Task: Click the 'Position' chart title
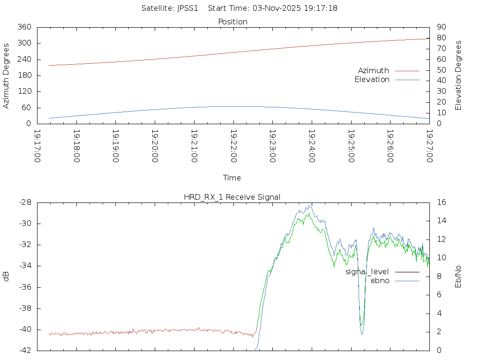(232, 22)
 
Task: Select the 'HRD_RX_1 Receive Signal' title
(232, 197)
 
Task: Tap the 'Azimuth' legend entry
(374, 71)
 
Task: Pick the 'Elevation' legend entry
(372, 80)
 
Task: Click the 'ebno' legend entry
(380, 281)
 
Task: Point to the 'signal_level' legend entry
(367, 272)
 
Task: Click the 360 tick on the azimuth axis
(24, 27)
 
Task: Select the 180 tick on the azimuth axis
(24, 75)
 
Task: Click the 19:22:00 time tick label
(233, 146)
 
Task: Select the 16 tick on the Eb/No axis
(442, 202)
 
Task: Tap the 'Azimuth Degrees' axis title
(6, 75)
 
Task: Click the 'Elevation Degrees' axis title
(458, 75)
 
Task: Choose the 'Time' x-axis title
(232, 178)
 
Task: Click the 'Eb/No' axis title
(458, 277)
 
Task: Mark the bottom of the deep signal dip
(362, 334)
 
